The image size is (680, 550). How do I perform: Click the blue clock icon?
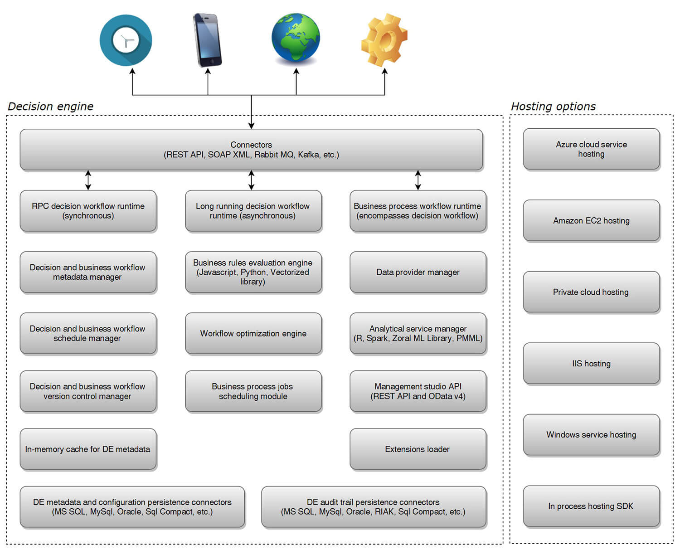point(126,40)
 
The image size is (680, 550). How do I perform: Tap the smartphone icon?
point(207,40)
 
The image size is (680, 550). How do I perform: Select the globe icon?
point(296,37)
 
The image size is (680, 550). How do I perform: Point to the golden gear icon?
point(384,39)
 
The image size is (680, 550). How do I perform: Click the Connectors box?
point(251,150)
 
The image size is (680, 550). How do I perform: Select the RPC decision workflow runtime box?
point(88,211)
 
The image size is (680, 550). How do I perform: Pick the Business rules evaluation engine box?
point(253,272)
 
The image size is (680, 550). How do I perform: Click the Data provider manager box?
point(418,272)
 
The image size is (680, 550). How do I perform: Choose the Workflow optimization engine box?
point(253,333)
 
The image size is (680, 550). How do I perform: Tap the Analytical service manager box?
point(418,333)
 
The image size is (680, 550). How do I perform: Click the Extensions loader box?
point(418,449)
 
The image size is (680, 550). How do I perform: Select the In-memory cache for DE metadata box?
point(88,449)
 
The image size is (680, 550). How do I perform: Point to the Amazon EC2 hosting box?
point(591,220)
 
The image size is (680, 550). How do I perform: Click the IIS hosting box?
point(591,363)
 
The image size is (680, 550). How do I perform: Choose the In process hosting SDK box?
point(591,506)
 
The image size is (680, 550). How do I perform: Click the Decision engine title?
point(50,107)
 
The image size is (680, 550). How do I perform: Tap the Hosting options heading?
point(553,107)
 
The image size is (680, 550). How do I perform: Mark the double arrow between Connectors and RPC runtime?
point(88,180)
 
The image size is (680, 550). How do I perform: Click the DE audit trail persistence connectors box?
point(373,507)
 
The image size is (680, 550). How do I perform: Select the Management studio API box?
point(418,391)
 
